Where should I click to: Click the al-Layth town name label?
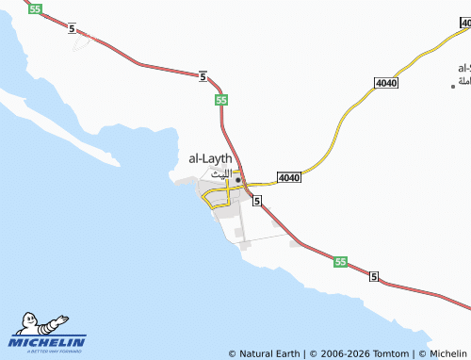[210, 159]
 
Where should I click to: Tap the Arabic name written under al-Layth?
[219, 173]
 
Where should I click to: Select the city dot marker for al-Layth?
[238, 179]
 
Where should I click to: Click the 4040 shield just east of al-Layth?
[289, 177]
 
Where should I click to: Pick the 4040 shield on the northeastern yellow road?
[385, 84]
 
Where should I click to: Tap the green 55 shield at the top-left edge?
[35, 8]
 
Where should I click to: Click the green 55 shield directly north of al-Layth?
[220, 99]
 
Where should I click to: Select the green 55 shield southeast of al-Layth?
[340, 262]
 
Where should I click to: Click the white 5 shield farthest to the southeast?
[374, 276]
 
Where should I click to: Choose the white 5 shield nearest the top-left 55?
[72, 29]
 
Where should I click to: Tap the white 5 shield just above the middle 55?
[203, 76]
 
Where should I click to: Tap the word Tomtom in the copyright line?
[393, 353]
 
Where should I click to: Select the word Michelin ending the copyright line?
[448, 353]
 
